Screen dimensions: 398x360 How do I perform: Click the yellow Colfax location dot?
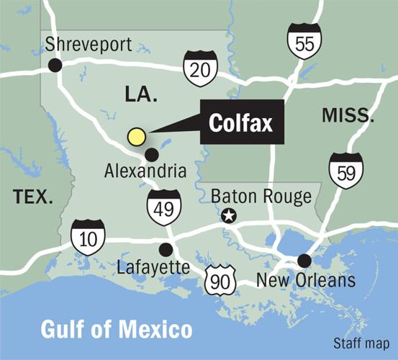136,136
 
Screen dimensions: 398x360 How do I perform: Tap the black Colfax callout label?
241,123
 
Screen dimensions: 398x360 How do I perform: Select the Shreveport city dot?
55,66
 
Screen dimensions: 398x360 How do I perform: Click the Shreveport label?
89,45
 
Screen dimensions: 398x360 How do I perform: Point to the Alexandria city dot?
152,153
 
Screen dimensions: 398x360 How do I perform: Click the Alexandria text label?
145,171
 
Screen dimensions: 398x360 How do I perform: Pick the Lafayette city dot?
166,249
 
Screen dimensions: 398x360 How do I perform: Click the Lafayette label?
153,268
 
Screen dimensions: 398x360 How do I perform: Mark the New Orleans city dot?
304,260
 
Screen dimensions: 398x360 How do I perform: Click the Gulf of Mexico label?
117,330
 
